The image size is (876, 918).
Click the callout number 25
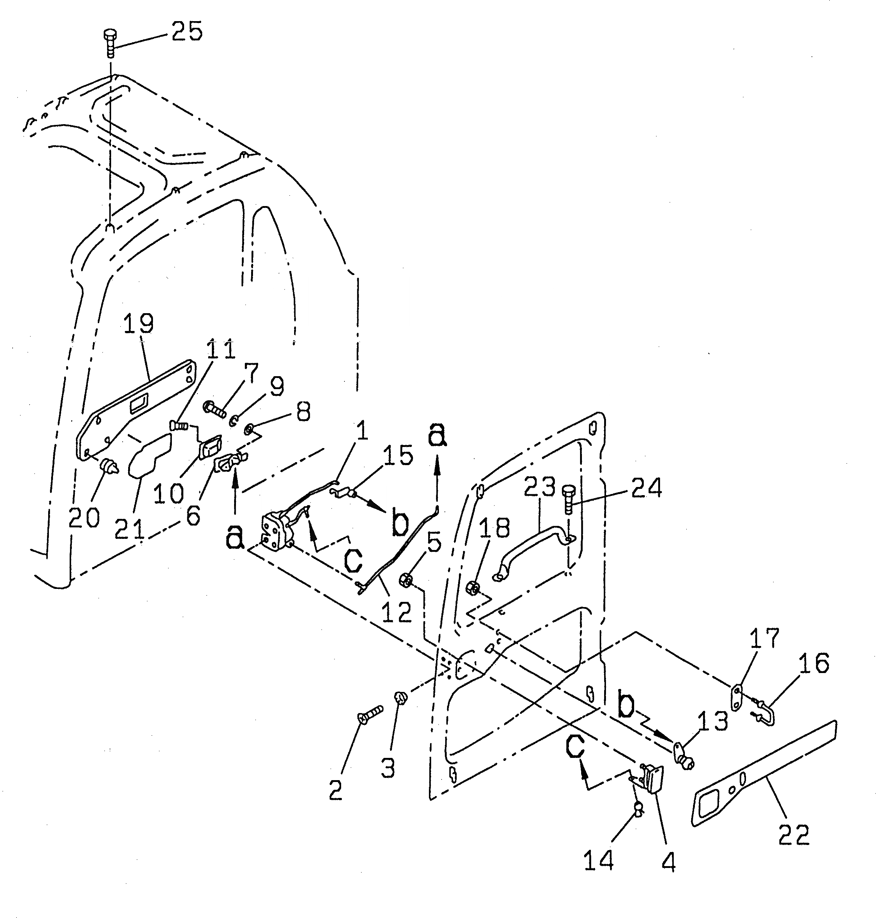(187, 32)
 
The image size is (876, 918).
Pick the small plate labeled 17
(736, 705)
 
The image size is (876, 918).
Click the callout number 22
(793, 835)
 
